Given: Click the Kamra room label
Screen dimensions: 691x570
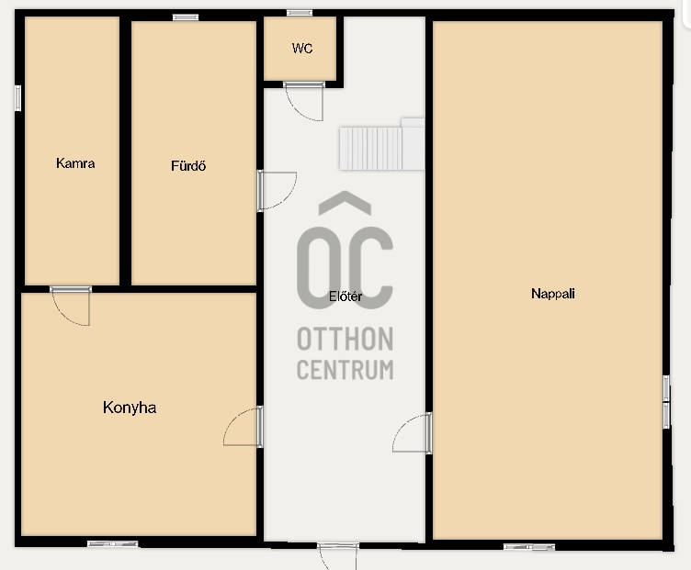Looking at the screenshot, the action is point(75,163).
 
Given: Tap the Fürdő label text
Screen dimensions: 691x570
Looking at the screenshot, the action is point(188,165).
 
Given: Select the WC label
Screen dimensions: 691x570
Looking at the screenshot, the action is point(302,48).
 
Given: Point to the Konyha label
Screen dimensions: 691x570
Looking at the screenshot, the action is point(130,408).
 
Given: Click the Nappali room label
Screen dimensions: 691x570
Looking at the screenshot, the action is point(553,294).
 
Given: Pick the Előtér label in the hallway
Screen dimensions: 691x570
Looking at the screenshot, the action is point(345,296).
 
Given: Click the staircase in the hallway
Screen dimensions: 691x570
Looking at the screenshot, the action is point(381,144).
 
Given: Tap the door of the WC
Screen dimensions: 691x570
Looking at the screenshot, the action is point(303,101).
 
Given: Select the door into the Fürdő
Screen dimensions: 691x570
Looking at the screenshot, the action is point(277,191).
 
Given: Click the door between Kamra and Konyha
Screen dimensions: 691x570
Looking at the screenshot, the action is point(71,306).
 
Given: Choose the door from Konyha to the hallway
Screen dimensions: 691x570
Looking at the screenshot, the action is point(243,427).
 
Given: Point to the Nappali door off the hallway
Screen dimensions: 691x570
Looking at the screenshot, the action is point(412,432).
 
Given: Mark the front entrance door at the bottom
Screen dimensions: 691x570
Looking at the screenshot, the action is point(338,556).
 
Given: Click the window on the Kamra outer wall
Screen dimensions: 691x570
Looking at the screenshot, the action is point(17,98).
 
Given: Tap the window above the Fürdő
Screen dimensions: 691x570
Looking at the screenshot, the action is point(186,17).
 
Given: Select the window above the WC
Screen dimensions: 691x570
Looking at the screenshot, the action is point(300,13).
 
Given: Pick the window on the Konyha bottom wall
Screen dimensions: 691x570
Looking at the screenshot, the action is point(113,544).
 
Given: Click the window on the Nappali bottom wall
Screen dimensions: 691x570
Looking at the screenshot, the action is point(529,547).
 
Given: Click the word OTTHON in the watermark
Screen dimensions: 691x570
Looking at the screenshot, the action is point(345,339).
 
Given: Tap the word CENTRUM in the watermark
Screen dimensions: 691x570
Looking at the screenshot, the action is point(345,370).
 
